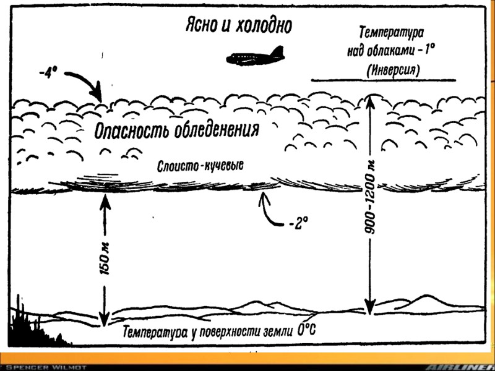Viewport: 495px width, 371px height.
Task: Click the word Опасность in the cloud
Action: pos(132,130)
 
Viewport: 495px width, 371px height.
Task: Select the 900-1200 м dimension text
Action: pos(371,197)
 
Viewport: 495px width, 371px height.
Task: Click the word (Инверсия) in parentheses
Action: pos(392,70)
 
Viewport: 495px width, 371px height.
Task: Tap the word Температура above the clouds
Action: pos(391,32)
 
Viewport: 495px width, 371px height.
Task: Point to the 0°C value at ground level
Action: pos(306,330)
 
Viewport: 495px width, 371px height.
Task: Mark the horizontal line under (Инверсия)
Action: pos(384,80)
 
